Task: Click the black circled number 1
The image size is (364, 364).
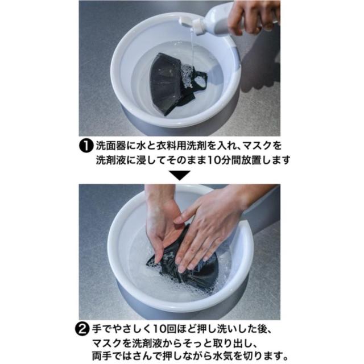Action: click(x=86, y=146)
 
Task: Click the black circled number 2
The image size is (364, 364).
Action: click(x=82, y=329)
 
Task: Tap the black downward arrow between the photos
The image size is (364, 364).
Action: click(x=180, y=175)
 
